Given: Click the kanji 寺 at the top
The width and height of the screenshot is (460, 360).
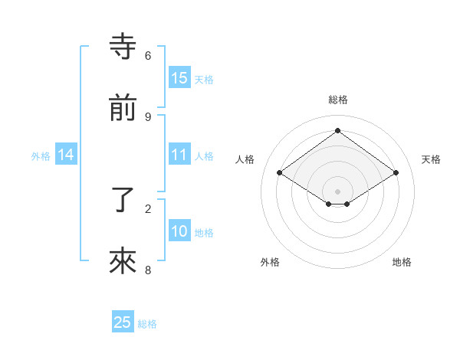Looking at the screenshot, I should (123, 47).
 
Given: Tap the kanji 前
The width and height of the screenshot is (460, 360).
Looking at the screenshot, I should (123, 108).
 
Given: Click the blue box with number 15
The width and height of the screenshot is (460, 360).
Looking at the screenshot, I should (179, 78).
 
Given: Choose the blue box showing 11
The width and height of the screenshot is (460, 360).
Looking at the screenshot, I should (179, 155).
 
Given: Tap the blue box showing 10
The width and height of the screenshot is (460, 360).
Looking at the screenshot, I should (179, 231).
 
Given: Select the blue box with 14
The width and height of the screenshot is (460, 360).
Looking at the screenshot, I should (66, 155).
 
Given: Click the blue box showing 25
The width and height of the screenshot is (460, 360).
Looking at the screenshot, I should (123, 322).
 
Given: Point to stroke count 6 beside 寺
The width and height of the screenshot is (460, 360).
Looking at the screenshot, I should (148, 55).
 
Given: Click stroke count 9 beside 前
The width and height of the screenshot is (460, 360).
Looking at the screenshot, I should (148, 116).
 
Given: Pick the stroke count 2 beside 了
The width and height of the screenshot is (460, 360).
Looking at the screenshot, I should (148, 208).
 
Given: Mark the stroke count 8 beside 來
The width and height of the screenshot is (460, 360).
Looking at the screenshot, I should (148, 270).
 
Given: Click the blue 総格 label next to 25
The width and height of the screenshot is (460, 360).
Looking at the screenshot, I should (147, 324).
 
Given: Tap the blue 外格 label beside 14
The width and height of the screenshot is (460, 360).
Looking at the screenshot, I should (41, 156).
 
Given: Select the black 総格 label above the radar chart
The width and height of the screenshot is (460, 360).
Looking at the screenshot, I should (338, 100).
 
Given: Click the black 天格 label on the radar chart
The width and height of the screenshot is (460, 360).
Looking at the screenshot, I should (431, 159).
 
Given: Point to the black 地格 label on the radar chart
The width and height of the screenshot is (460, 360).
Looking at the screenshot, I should (402, 262).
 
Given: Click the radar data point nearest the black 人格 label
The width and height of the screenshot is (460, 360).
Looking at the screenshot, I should (280, 173).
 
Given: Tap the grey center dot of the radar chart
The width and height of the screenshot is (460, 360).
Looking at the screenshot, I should (338, 191).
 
